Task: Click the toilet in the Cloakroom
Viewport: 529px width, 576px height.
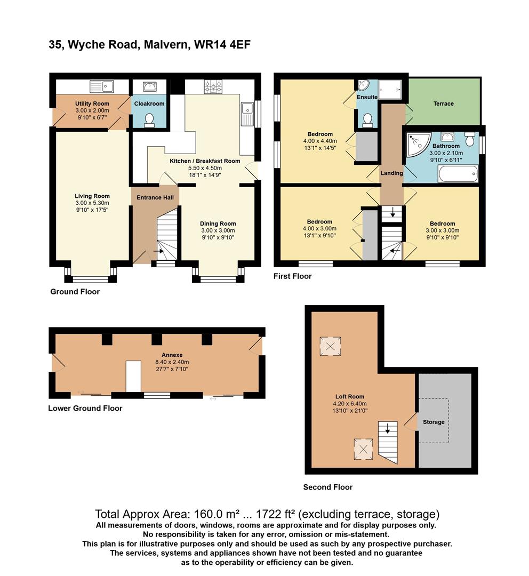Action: click(x=149, y=120)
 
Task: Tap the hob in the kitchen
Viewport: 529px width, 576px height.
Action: click(x=213, y=87)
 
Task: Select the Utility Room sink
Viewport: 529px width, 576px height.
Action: click(x=102, y=87)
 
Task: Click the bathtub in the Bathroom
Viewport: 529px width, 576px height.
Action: click(x=458, y=174)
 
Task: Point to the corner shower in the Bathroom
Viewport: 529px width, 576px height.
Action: click(x=418, y=145)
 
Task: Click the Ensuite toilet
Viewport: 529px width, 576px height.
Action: click(x=367, y=121)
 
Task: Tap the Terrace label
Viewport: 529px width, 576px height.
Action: click(x=443, y=103)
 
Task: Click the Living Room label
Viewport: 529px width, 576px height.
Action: click(x=92, y=196)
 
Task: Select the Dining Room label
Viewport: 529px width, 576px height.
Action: click(x=218, y=223)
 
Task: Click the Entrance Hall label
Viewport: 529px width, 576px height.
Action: click(x=155, y=198)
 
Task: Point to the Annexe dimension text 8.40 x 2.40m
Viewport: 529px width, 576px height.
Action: click(x=172, y=362)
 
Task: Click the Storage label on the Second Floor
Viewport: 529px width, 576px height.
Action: click(x=434, y=422)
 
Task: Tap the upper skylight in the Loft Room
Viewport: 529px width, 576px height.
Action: click(x=330, y=347)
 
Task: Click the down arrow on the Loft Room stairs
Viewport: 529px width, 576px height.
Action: click(x=388, y=428)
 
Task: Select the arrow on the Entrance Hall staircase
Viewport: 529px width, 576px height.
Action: click(x=159, y=251)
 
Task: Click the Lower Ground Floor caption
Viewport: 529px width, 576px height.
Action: click(x=85, y=408)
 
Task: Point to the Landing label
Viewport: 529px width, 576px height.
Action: click(x=391, y=173)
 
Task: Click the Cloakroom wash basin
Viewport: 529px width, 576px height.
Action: click(x=149, y=87)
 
